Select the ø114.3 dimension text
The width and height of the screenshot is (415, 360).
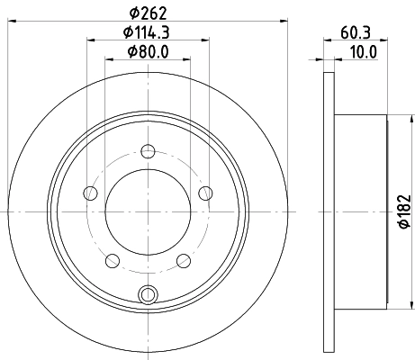click(149, 34)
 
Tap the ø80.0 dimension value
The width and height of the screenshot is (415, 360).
click(149, 55)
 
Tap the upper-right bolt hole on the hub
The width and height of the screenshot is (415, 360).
click(206, 192)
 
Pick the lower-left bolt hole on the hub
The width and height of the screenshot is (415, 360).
click(113, 260)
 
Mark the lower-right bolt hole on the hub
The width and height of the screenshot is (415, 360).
click(185, 260)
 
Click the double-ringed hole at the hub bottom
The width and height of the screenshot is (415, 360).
click(149, 292)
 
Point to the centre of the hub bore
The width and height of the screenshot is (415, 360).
click(149, 211)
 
